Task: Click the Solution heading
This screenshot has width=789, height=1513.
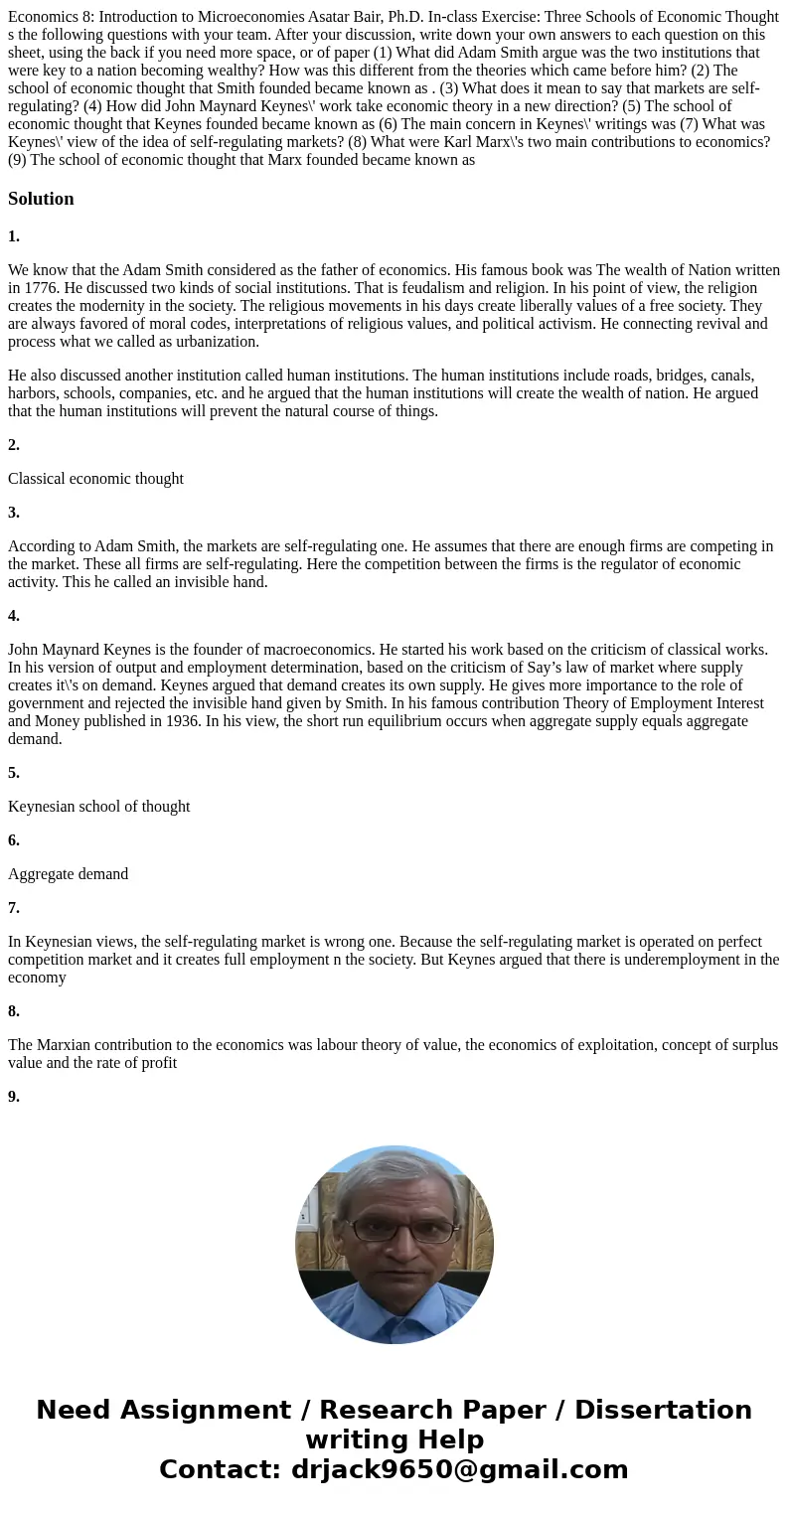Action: click(x=41, y=199)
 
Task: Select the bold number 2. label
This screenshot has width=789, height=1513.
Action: click(x=14, y=445)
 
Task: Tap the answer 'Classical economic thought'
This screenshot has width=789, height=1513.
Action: click(x=95, y=479)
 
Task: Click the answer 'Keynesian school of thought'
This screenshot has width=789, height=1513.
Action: click(x=98, y=807)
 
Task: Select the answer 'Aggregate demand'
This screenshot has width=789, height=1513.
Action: click(x=68, y=874)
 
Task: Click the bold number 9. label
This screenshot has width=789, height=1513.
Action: click(x=14, y=1097)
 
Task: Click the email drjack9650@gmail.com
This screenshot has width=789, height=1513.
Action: click(x=459, y=1469)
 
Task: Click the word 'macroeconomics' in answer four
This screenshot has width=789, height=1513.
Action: click(x=259, y=650)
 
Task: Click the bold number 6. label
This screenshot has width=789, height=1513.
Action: click(x=14, y=840)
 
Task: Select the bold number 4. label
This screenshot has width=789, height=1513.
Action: click(x=14, y=616)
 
